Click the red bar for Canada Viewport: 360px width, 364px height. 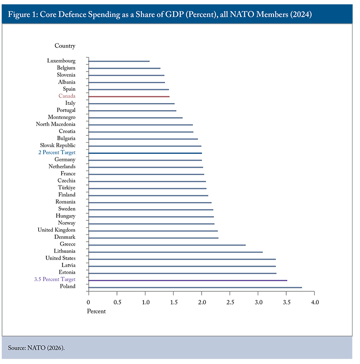[x=129, y=96]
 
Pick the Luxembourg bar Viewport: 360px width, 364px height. [x=119, y=61]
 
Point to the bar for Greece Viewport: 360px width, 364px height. [x=167, y=245]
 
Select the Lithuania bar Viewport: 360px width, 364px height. [x=175, y=252]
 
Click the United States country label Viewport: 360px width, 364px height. [x=60, y=258]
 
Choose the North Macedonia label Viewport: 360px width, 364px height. [x=56, y=124]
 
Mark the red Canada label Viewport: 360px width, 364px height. [x=67, y=96]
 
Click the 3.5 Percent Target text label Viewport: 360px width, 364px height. [x=54, y=279]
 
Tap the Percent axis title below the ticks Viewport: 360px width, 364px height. [x=97, y=311]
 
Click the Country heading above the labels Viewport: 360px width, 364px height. [x=65, y=46]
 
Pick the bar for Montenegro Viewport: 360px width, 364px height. [x=135, y=117]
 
